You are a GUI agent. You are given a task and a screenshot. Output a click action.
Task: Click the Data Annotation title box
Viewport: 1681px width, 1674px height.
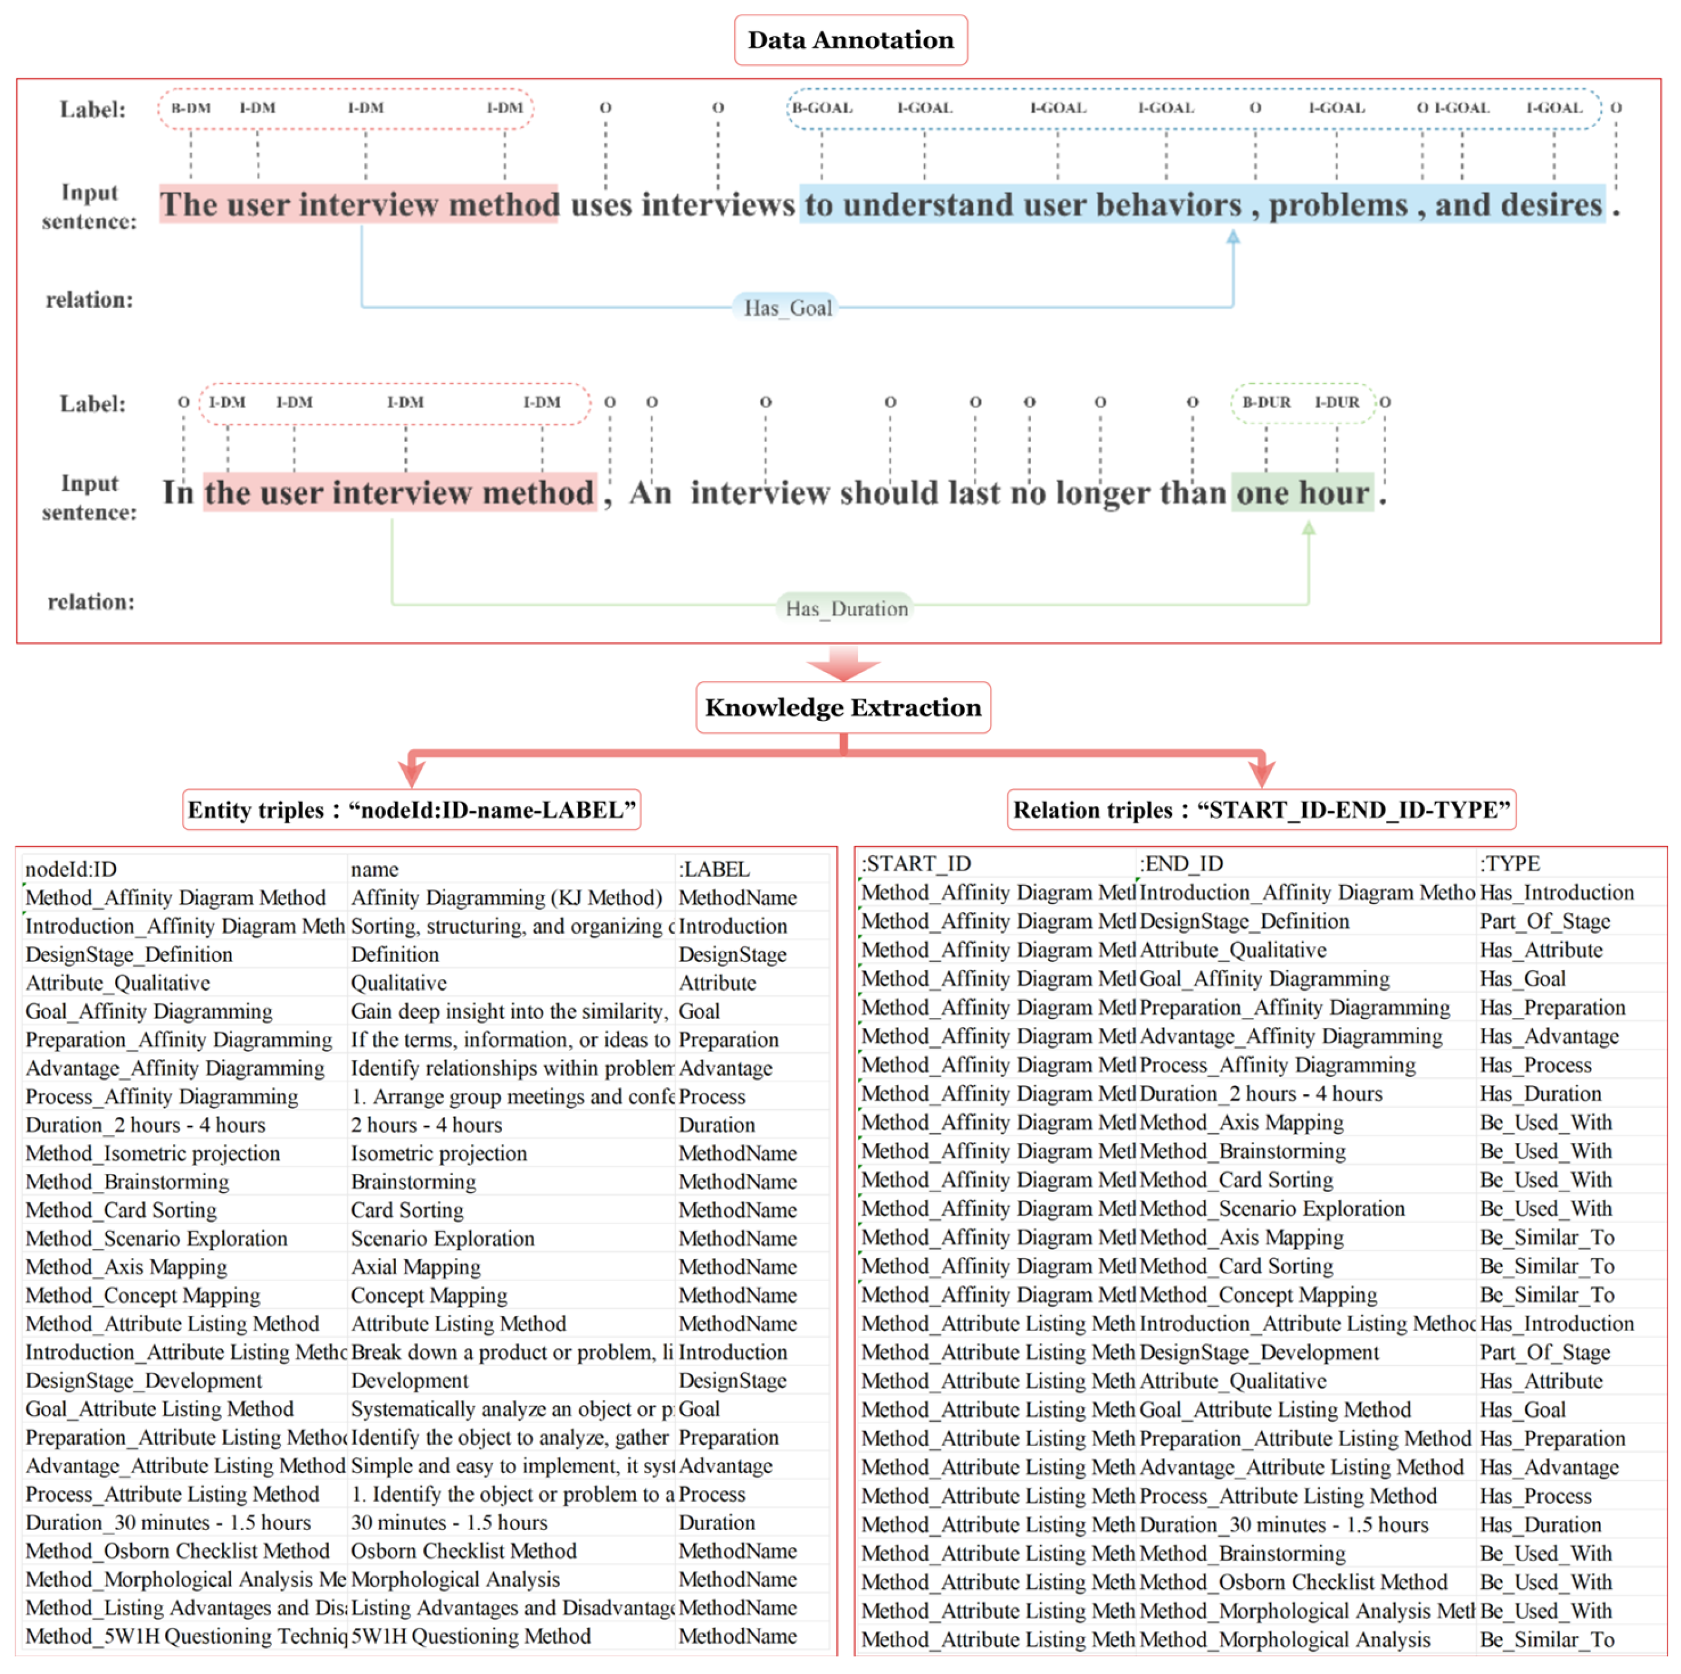(x=850, y=40)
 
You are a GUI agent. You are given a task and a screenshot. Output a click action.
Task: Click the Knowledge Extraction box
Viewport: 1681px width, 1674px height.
(x=842, y=708)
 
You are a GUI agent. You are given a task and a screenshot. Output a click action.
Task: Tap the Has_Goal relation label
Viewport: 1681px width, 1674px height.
(x=787, y=308)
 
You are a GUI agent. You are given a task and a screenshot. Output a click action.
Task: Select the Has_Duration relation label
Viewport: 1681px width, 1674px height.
(x=846, y=608)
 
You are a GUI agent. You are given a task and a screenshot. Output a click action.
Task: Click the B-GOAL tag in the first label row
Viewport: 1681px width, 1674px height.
(x=821, y=108)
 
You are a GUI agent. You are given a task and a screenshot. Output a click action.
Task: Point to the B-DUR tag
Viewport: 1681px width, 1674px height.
(x=1266, y=402)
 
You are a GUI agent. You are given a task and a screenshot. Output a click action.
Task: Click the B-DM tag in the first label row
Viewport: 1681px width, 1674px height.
(x=190, y=108)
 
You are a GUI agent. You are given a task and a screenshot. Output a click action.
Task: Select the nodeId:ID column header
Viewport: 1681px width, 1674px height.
(x=71, y=868)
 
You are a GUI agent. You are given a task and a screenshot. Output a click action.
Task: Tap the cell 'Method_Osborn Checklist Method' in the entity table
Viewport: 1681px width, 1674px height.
(x=178, y=1551)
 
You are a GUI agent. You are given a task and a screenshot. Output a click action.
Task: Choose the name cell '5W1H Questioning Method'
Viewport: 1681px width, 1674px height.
(x=470, y=1636)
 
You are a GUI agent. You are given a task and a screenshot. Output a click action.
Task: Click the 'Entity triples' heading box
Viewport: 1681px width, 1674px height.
(x=412, y=810)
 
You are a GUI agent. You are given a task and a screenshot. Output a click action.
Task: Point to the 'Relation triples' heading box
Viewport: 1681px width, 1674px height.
(x=1261, y=810)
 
